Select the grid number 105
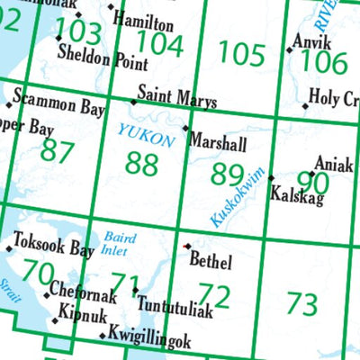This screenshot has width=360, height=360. pos(242,57)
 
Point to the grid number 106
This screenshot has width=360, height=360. pos(324,61)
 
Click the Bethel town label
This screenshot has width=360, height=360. pos(211,262)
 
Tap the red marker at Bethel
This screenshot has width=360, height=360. pos(187,246)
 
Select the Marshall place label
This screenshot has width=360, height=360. pos(219,142)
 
